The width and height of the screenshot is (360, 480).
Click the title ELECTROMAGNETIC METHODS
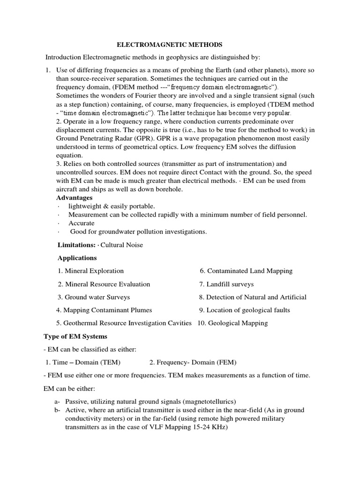(169, 45)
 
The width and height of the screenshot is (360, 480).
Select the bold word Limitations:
(76, 245)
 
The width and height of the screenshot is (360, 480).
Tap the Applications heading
(77, 258)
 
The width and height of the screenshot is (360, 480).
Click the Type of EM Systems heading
(75, 336)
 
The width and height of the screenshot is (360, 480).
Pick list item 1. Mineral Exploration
(91, 271)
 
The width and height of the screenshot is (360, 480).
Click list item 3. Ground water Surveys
(94, 297)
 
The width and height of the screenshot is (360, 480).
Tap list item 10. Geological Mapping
(232, 323)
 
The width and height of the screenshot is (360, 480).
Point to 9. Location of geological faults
(245, 310)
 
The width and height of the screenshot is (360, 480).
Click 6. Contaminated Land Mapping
(246, 271)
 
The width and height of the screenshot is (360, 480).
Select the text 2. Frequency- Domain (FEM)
(193, 362)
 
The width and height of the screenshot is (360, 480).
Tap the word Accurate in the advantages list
(82, 223)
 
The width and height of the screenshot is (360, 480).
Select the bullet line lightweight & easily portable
(112, 206)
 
